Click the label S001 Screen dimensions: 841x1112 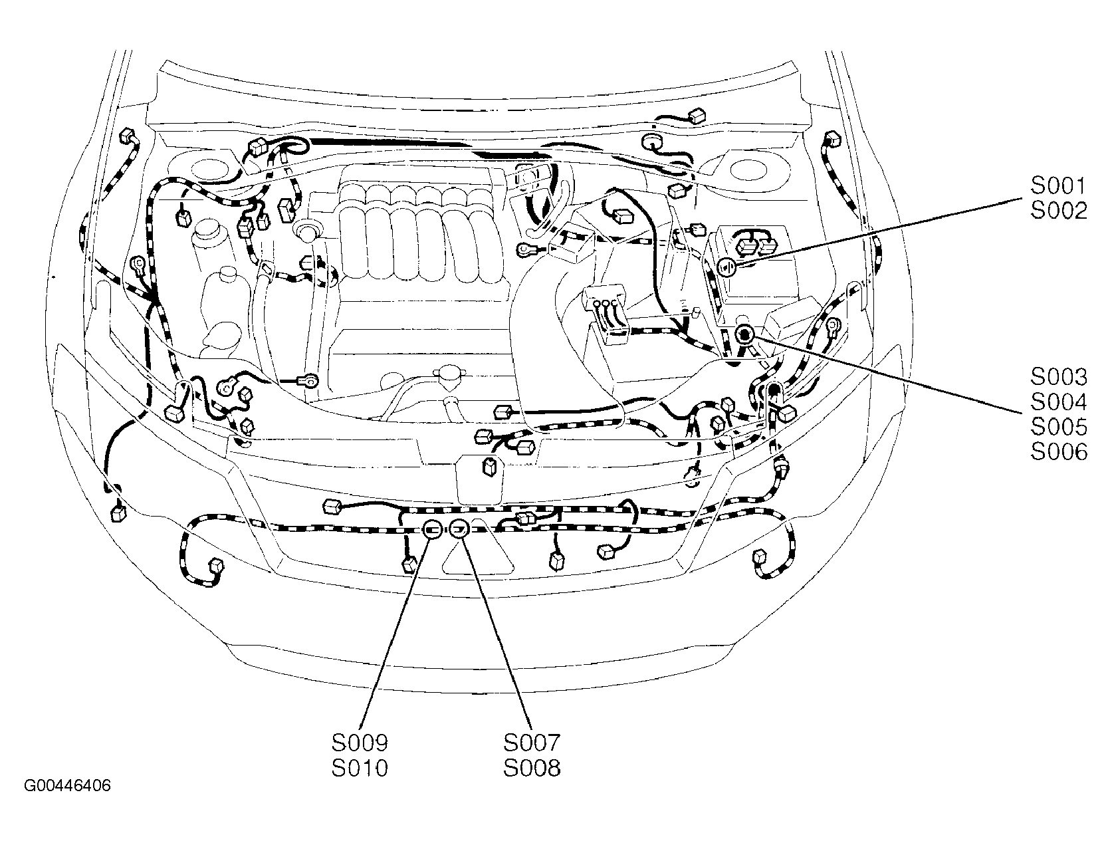[x=1059, y=186]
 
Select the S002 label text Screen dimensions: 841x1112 [x=1059, y=211]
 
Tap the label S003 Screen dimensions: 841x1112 [x=1059, y=377]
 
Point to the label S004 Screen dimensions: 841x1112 [x=1059, y=402]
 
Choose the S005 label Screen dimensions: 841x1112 [x=1059, y=427]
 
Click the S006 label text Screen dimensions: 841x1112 [x=1059, y=453]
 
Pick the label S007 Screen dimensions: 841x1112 [x=532, y=743]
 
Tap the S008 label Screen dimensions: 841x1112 [x=532, y=769]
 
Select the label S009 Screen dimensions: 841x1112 [x=360, y=743]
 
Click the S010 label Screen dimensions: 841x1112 [x=360, y=769]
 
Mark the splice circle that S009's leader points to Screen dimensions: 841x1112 [x=432, y=529]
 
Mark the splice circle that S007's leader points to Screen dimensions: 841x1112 [x=459, y=529]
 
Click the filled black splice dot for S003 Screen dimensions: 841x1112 [x=744, y=334]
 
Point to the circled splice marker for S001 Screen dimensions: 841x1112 [x=726, y=267]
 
